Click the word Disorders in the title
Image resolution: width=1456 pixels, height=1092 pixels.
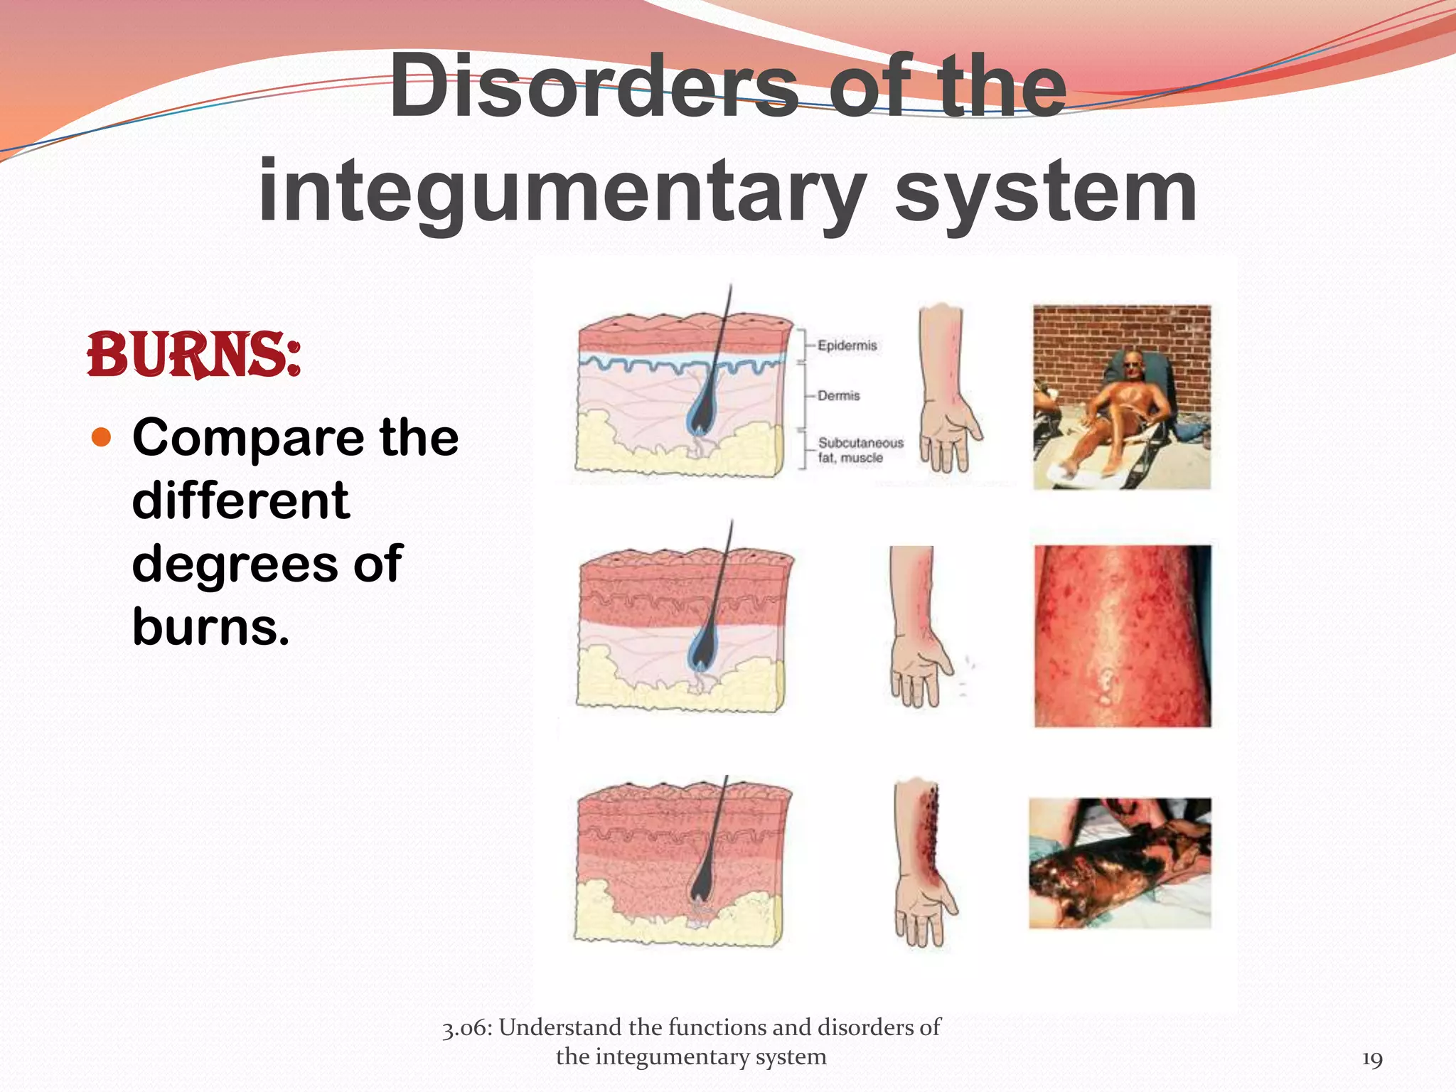click(594, 87)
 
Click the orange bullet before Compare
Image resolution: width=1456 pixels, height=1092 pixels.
click(102, 437)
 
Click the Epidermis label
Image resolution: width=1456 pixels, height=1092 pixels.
click(847, 346)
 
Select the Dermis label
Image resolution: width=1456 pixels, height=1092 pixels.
click(838, 395)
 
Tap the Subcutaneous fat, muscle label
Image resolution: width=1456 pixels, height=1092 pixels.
click(860, 450)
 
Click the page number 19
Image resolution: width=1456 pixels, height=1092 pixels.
click(1371, 1059)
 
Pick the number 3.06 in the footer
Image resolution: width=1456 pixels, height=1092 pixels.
click(465, 1028)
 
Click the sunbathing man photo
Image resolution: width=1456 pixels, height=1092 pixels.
click(1122, 397)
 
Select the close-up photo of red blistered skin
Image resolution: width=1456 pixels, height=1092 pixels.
click(1123, 636)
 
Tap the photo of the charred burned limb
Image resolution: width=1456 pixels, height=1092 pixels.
click(1120, 863)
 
